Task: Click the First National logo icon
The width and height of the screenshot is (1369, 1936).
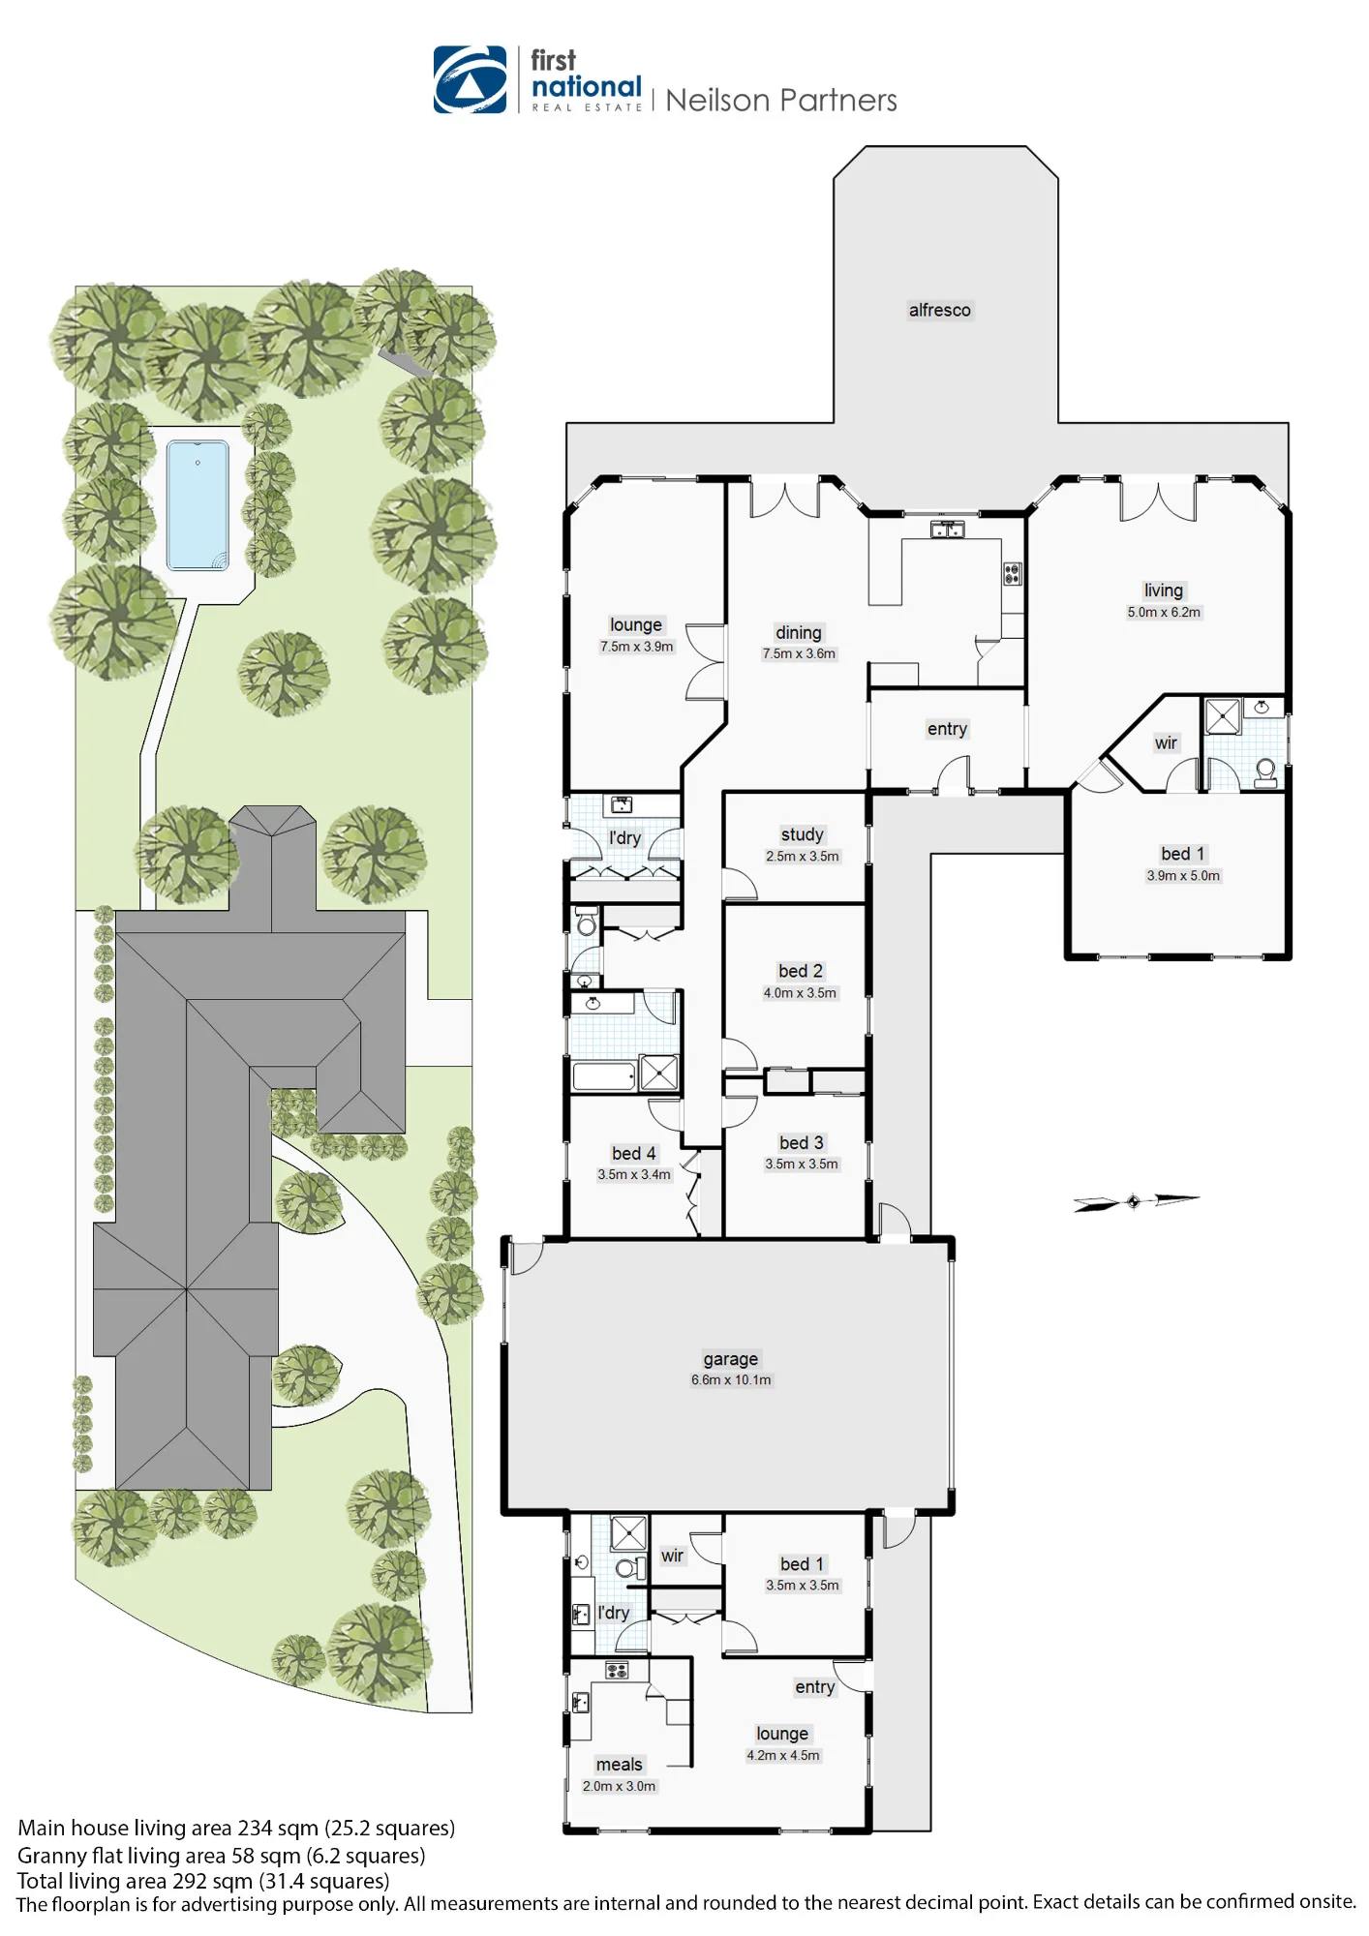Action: click(470, 79)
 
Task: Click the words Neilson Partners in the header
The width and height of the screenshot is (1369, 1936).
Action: click(781, 101)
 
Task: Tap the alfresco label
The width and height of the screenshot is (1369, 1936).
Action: click(939, 310)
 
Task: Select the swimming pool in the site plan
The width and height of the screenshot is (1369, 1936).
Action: click(198, 504)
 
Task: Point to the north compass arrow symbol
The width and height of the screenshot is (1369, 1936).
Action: click(1136, 1201)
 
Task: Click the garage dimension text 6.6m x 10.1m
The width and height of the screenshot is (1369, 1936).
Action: click(731, 1380)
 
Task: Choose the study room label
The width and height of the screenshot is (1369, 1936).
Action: click(803, 834)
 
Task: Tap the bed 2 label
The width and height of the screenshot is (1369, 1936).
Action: click(801, 971)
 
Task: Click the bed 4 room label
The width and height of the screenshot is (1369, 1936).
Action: click(634, 1153)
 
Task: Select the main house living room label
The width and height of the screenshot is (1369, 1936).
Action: click(1164, 590)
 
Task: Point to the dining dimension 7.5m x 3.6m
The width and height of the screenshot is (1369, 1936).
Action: click(799, 653)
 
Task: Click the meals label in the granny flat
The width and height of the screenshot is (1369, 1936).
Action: click(620, 1765)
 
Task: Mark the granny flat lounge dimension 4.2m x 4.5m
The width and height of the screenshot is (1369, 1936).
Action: click(783, 1755)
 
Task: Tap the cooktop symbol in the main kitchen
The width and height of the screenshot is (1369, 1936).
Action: click(1012, 574)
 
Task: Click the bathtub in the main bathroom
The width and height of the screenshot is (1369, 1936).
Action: click(604, 1076)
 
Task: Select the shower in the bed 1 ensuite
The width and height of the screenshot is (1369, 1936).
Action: click(1223, 717)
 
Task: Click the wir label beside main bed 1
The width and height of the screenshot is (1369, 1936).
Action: click(1166, 743)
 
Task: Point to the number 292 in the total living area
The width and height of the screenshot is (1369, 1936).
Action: click(192, 1881)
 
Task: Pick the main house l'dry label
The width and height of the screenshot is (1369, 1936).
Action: click(624, 838)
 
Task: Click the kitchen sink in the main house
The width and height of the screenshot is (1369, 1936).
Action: click(948, 529)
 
